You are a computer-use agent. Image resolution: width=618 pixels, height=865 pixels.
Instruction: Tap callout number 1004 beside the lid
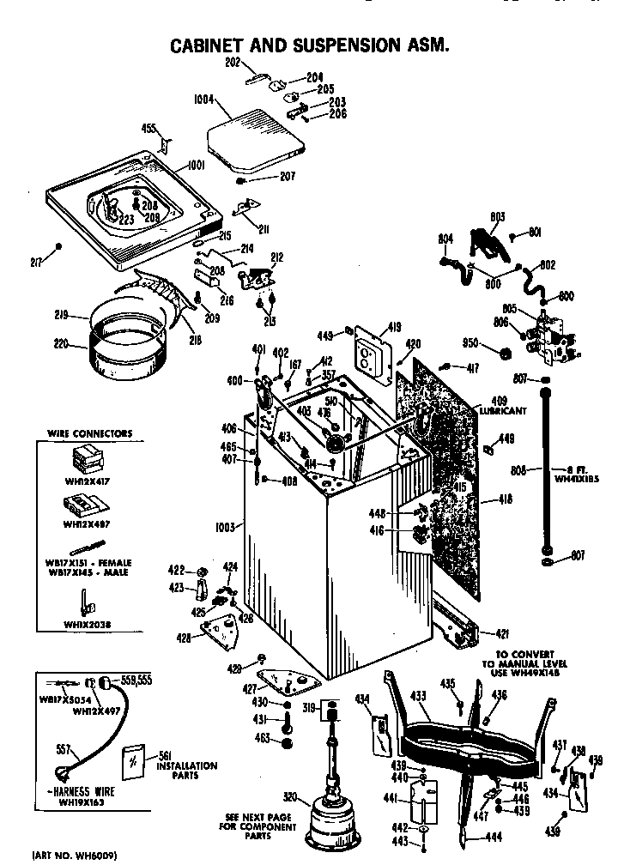206,100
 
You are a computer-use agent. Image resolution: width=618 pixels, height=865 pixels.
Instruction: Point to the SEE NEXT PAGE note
257,816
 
